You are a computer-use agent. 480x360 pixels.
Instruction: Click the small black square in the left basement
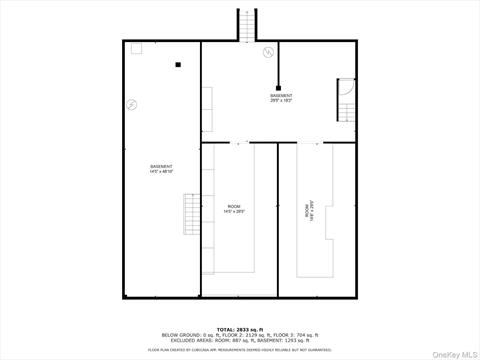177,66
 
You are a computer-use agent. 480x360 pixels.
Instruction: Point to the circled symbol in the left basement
132,104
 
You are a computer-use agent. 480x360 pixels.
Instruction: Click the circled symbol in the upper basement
267,52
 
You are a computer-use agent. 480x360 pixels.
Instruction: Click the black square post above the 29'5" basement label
278,86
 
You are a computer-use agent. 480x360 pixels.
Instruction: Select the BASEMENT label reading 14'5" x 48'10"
161,169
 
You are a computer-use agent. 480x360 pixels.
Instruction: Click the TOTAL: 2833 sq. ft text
240,328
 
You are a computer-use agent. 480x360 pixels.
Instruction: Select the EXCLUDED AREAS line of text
240,340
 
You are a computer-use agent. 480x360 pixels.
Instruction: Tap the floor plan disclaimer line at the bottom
240,349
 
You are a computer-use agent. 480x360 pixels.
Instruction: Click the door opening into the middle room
240,144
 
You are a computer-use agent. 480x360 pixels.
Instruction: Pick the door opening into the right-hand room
316,144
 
